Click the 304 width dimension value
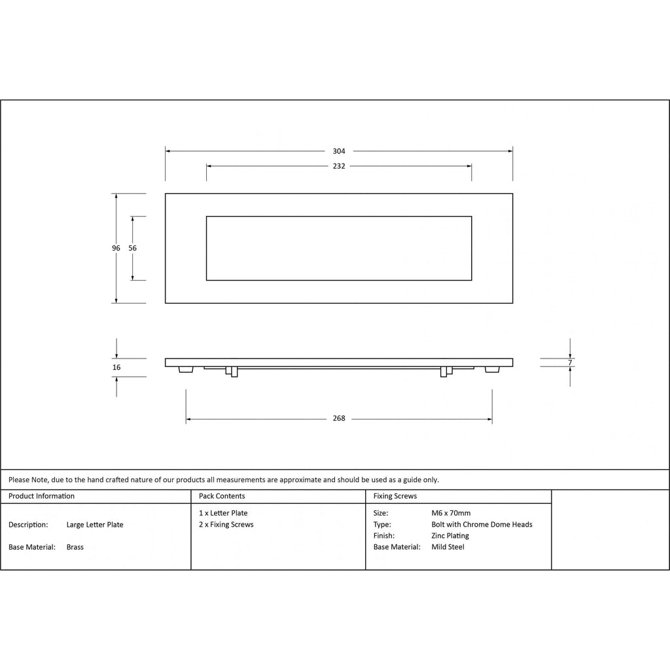pos(339,151)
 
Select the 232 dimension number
pos(339,166)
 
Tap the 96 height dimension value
pos(116,248)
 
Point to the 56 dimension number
pos(132,248)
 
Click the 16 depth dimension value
pos(116,368)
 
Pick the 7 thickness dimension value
pos(570,362)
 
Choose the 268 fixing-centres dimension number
pos(339,418)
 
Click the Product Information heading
pos(41,496)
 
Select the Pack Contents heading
pos(222,496)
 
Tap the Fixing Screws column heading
pos(395,496)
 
